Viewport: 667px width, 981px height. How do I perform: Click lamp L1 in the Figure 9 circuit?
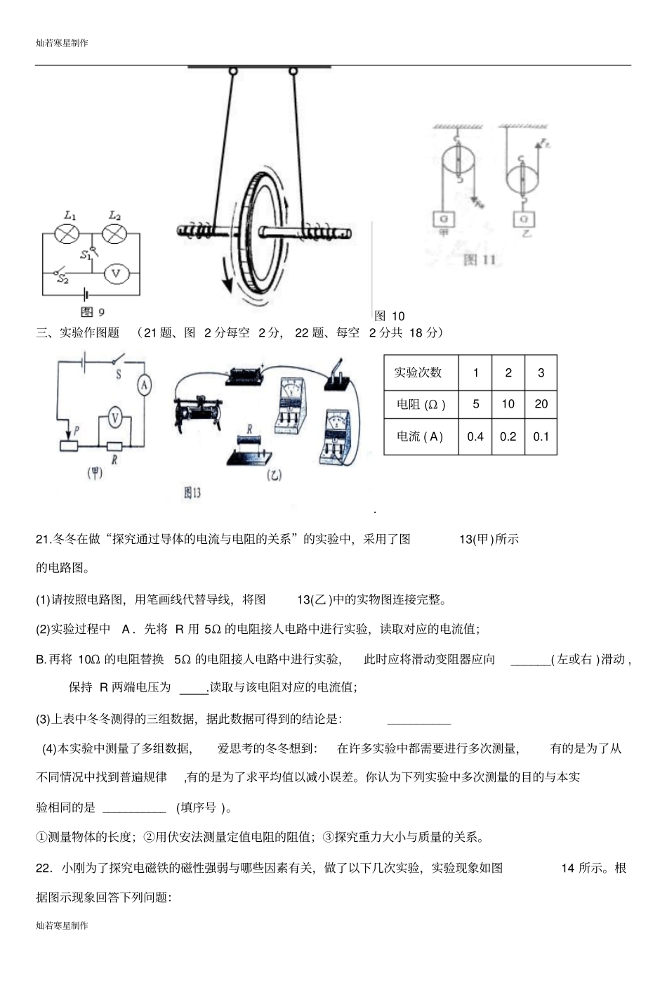(67, 234)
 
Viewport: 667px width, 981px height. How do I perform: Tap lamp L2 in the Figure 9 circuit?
(114, 234)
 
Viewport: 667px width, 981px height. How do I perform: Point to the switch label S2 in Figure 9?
(62, 279)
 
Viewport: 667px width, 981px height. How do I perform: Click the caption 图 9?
(92, 312)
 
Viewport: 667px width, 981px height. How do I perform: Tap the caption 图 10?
(390, 316)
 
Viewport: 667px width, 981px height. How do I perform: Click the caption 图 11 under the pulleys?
(480, 260)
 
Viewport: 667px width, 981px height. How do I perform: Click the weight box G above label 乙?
(524, 219)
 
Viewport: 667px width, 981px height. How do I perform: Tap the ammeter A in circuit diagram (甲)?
(143, 384)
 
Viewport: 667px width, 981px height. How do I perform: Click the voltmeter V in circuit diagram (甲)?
(115, 419)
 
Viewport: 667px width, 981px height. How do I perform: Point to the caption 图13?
(192, 493)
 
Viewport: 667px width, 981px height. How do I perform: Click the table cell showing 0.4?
(475, 436)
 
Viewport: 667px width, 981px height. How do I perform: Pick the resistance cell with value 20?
(541, 404)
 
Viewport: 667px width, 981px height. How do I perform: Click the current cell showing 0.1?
(541, 436)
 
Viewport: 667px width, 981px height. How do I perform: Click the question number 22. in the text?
(44, 868)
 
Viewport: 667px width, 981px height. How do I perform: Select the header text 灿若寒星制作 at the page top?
(62, 43)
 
